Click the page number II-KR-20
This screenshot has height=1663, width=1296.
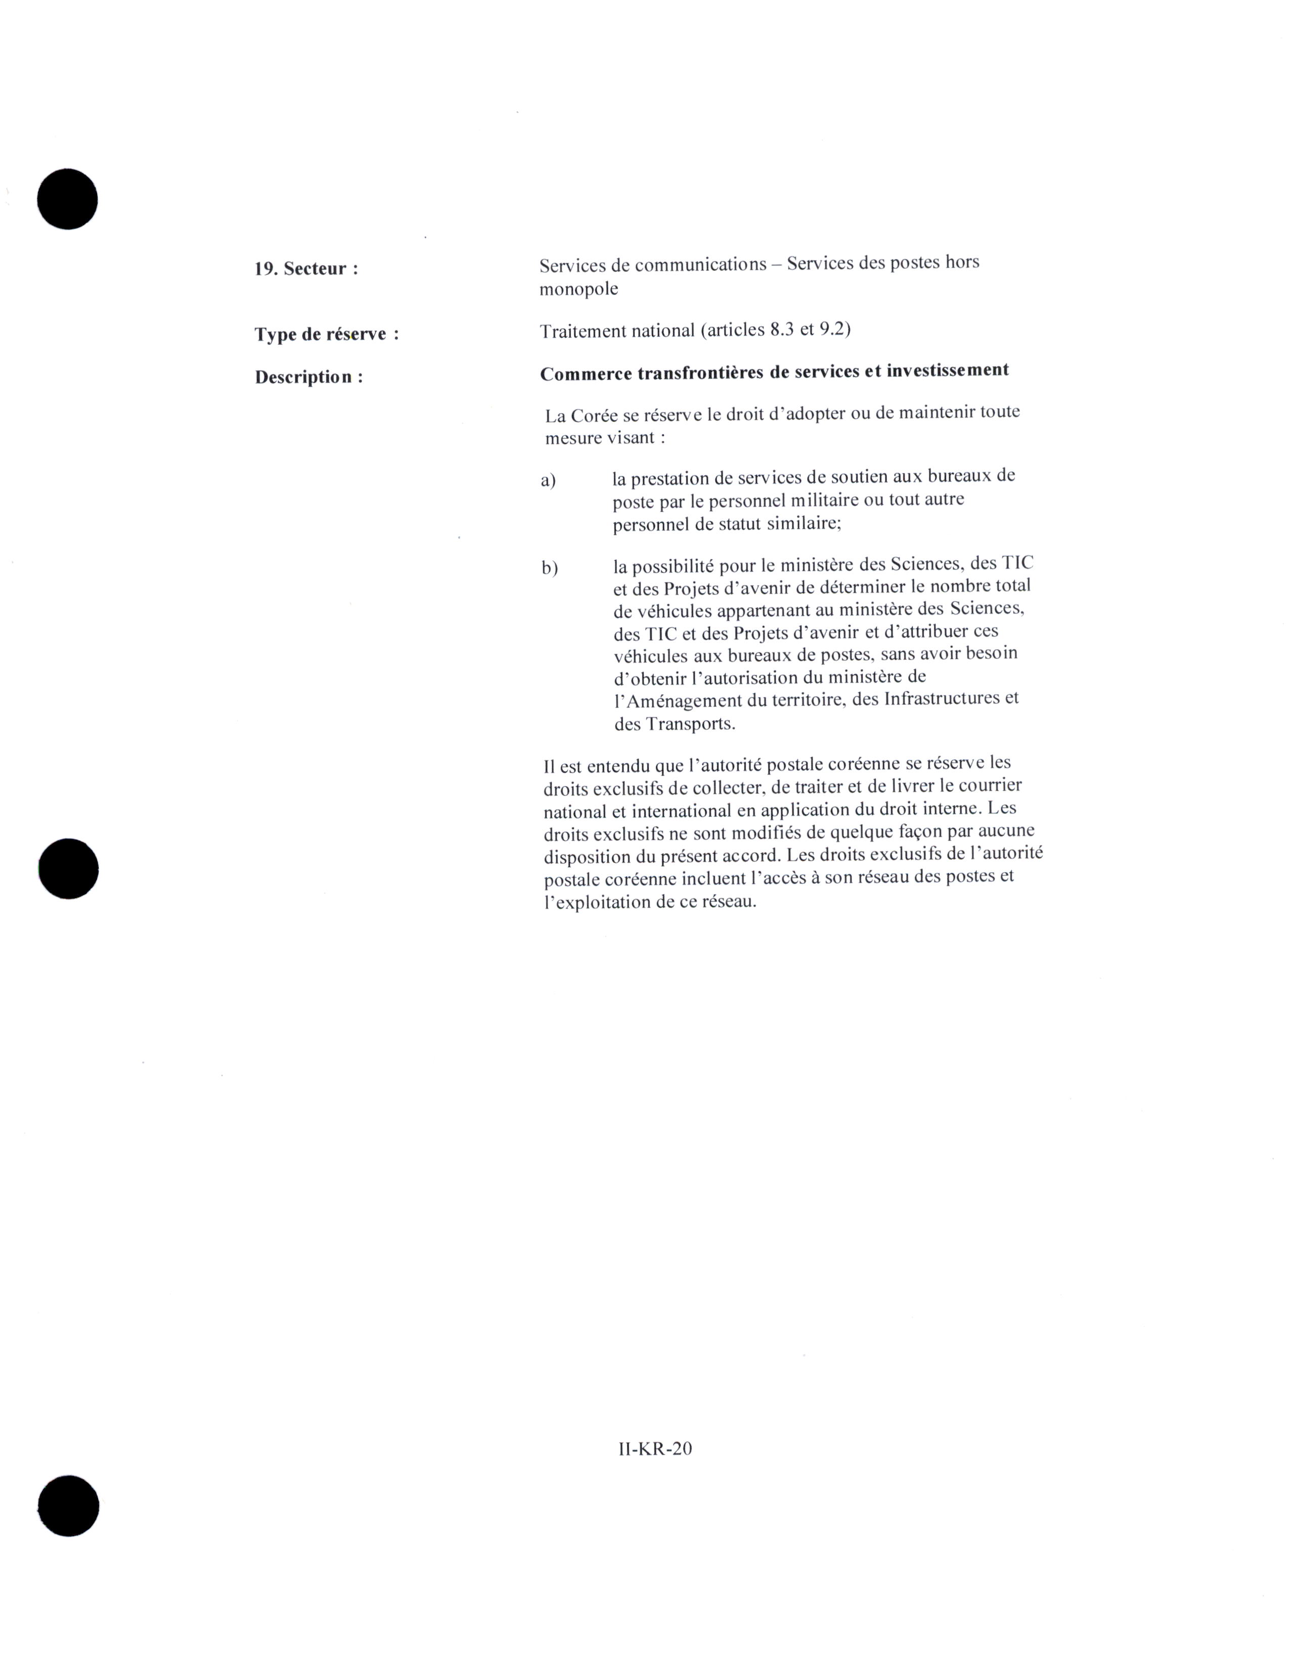655,1448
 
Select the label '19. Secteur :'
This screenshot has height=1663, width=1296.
306,269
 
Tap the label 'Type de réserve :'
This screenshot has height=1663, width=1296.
327,334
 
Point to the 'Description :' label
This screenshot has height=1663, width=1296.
308,377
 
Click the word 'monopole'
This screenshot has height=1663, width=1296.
578,289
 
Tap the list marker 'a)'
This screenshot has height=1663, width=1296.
548,480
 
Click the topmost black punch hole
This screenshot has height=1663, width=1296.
68,199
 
